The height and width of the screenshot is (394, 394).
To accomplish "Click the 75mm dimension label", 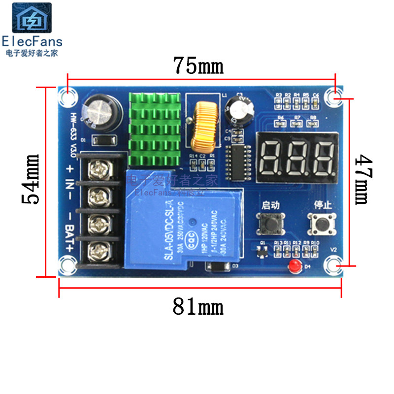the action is click(198, 66).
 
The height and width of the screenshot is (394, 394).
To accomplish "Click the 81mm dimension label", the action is click(198, 307).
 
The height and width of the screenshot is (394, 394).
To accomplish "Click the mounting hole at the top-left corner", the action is click(67, 96).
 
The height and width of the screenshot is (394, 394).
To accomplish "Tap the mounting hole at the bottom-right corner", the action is click(335, 265).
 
